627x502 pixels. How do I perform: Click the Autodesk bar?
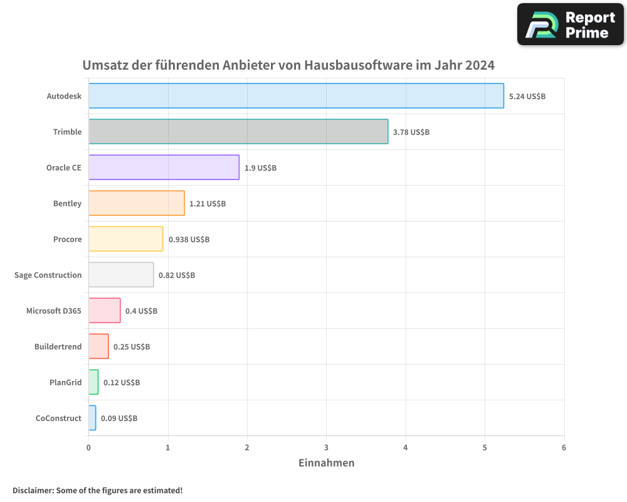[x=296, y=96]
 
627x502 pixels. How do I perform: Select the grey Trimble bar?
[x=238, y=132]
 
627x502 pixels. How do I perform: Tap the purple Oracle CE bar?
[x=164, y=168]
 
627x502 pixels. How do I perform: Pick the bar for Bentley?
[x=136, y=203]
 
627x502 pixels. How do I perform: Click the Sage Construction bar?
[x=121, y=275]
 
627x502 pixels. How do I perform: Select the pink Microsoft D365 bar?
[x=104, y=311]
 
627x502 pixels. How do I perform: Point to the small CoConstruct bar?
[x=92, y=418]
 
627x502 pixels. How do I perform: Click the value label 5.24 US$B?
[x=527, y=97]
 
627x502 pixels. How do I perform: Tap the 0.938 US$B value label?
[x=189, y=240]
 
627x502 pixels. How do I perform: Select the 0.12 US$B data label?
[x=122, y=383]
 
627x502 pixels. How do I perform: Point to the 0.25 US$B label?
[x=132, y=347]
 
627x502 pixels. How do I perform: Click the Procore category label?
[x=68, y=239]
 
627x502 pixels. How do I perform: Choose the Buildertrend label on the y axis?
[x=58, y=346]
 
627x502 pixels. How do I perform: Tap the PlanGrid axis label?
[x=65, y=382]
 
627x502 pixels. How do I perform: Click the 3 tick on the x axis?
[x=326, y=447]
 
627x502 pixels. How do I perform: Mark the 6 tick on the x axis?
[x=564, y=447]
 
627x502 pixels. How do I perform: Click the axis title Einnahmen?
[x=326, y=463]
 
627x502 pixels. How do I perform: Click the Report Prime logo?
[x=571, y=24]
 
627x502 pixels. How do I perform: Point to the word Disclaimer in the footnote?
[x=32, y=490]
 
